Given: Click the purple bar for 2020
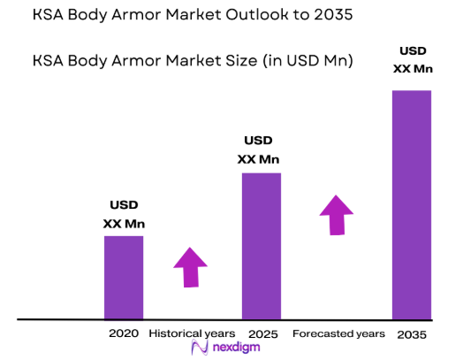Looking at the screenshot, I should point(124,277).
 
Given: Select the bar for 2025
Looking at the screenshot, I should point(262,245).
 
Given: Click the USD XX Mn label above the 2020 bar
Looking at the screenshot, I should point(124,216).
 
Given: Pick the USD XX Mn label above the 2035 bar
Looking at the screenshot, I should point(411,58).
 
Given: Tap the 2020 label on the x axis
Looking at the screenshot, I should point(124,333).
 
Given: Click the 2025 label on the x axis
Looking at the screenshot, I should point(262,334).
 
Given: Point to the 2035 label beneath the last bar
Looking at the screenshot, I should point(411,334).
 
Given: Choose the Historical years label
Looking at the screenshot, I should point(192,333).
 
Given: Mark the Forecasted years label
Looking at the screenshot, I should point(338,333).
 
